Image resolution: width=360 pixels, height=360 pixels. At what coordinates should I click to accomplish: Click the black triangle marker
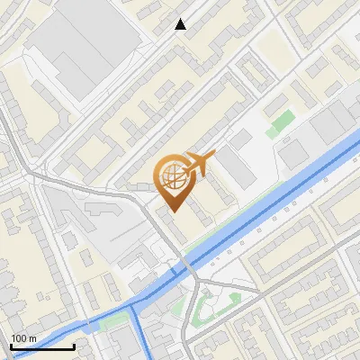[181, 25]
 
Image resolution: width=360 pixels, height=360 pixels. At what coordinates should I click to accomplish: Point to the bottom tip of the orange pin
[174, 211]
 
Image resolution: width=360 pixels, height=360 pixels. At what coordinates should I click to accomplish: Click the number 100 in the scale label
[19, 338]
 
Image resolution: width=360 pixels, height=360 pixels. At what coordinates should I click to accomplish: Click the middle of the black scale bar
[42, 346]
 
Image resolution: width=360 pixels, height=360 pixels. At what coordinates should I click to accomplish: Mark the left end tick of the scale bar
[11, 345]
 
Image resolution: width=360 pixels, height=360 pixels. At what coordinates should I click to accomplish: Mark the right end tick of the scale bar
[74, 345]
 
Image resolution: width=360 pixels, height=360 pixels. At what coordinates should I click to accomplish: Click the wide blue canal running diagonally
[270, 207]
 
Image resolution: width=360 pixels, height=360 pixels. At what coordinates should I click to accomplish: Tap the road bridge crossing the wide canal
[187, 267]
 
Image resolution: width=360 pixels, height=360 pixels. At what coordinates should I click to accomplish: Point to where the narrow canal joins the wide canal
[132, 304]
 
